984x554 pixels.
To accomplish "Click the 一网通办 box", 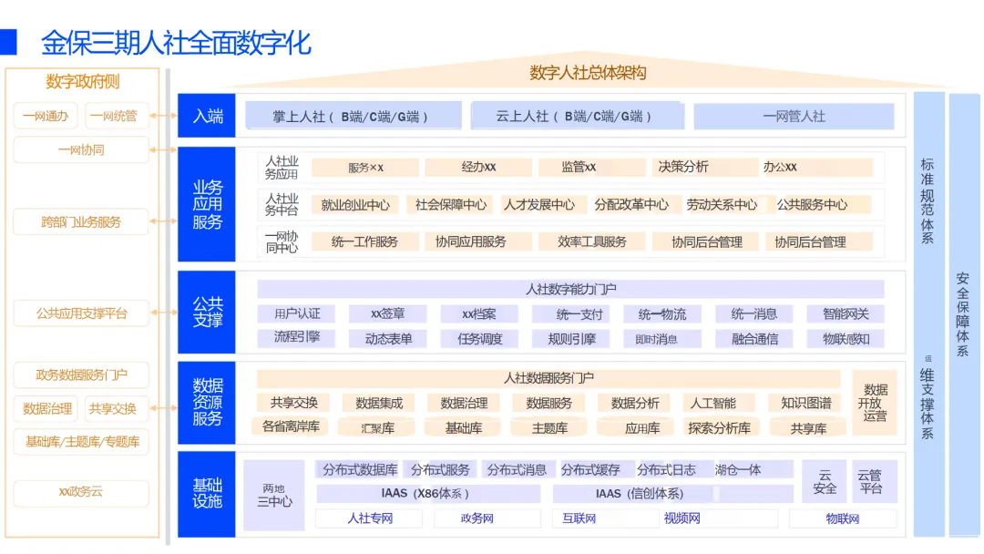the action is pos(46,116).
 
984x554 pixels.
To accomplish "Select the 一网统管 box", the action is pos(117,116).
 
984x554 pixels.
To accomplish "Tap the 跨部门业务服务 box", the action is pos(81,221).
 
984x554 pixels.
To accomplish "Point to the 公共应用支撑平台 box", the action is pos(81,313).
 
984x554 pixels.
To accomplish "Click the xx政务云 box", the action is pos(81,492).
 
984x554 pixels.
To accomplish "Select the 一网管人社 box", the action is pos(794,116).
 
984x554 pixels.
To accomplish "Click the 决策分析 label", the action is pos(683,167).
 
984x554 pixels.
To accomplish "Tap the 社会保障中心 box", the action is pos(451,205).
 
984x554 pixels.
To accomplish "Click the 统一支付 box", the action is pos(579,314).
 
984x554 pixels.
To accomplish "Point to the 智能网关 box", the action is pos(846,314).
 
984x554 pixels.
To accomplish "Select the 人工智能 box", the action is pos(713,403).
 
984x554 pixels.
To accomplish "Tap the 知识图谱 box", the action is pos(805,403).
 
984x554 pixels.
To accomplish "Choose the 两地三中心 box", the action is pos(274,495).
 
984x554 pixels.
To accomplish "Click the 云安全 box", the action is pos(825,481).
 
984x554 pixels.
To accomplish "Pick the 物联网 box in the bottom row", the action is pos(843,518).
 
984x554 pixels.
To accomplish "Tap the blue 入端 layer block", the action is pos(207,116).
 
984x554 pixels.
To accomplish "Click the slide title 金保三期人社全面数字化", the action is pos(176,42).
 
